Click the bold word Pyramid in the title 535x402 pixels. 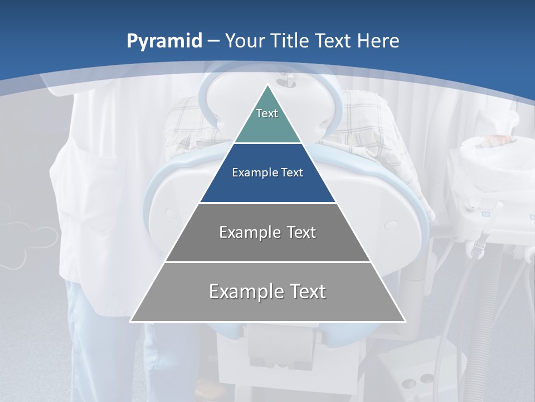(x=164, y=41)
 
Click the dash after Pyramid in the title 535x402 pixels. (x=213, y=41)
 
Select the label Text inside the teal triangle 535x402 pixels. (x=267, y=113)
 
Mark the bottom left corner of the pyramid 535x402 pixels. (x=131, y=321)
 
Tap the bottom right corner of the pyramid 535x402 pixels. (x=405, y=321)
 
